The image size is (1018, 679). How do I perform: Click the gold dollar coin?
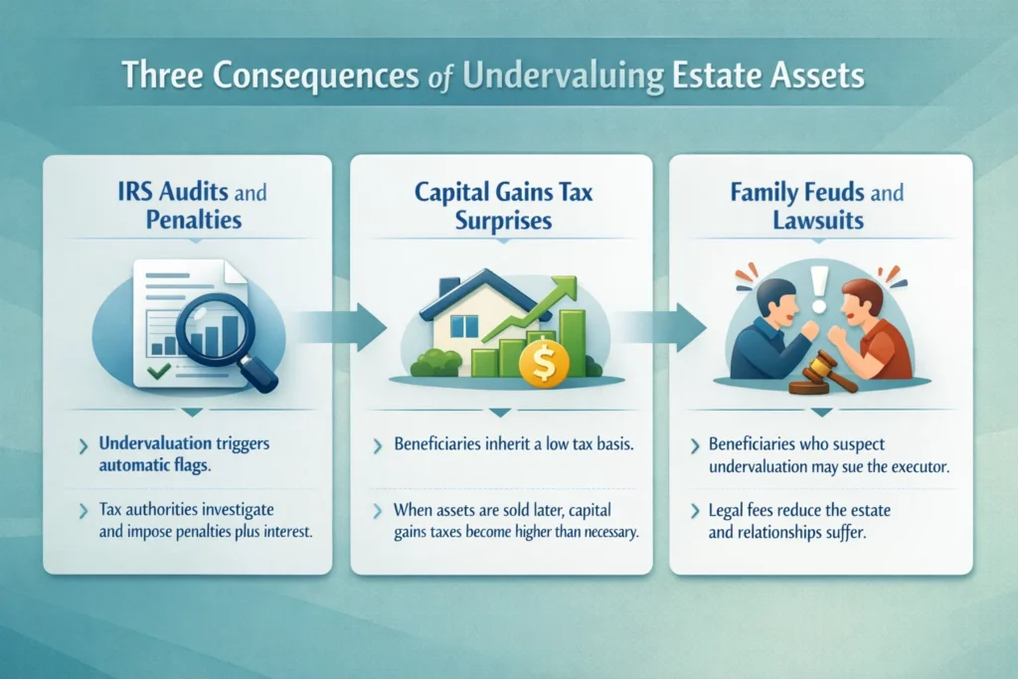[542, 364]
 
